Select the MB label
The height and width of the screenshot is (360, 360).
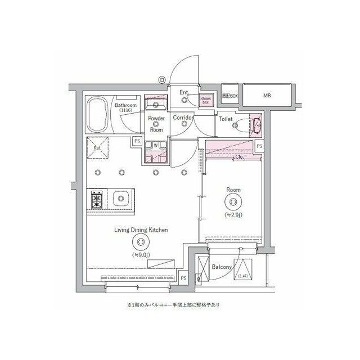click(x=267, y=96)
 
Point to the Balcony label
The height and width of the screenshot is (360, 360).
click(x=223, y=267)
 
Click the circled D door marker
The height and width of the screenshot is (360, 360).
click(x=161, y=80)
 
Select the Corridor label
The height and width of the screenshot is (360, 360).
click(x=183, y=118)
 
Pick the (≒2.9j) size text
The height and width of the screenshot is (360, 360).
click(x=233, y=214)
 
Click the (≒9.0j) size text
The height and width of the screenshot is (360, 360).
click(x=141, y=255)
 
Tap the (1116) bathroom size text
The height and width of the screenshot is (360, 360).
click(x=125, y=111)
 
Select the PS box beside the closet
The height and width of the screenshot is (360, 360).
click(x=259, y=146)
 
